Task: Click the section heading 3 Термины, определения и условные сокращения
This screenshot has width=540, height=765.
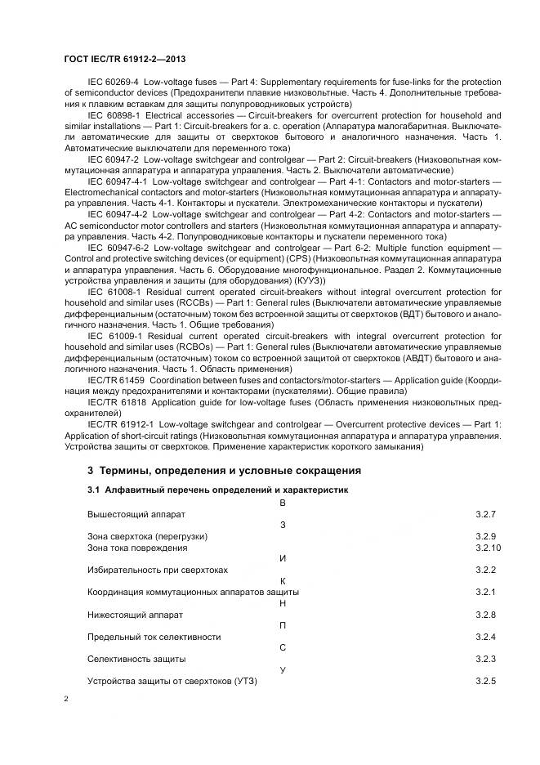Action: point(224,471)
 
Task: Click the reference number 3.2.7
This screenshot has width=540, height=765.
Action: point(485,514)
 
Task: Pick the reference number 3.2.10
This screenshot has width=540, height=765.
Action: point(488,548)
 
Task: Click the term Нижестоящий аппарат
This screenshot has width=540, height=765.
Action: point(135,614)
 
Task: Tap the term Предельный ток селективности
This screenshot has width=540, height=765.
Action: point(154,636)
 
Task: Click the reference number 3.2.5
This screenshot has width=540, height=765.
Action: point(485,681)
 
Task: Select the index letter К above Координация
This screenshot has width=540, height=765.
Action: point(282,580)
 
